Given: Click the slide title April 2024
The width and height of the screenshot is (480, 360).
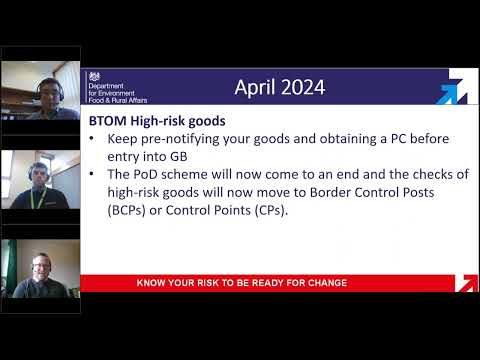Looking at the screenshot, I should [x=279, y=88].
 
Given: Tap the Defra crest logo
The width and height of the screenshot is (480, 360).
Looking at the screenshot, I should [x=95, y=76].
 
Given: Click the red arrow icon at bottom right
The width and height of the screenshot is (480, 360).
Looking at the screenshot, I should [x=465, y=283].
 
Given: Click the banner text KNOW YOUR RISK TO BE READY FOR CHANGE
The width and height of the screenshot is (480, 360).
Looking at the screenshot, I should [x=242, y=283].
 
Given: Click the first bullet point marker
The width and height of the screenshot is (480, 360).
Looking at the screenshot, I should [x=93, y=137].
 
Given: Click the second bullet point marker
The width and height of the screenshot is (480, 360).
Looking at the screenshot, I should [x=93, y=173].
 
